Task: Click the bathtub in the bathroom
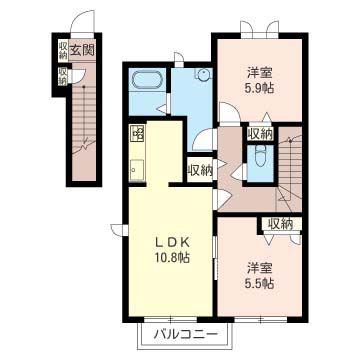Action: tap(147, 80)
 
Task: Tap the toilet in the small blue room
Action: tap(260, 156)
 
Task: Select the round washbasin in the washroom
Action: tap(203, 74)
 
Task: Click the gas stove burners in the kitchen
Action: tap(137, 132)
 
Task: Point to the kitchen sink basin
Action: tap(137, 170)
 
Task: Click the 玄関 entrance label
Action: tap(81, 50)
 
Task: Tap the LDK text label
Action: tap(173, 243)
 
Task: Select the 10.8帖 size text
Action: tap(173, 257)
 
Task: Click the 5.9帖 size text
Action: tap(261, 88)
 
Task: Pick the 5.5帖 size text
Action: tap(261, 283)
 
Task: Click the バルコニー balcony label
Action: tap(186, 334)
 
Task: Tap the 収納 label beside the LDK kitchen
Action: tap(200, 171)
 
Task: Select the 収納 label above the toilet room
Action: tap(260, 135)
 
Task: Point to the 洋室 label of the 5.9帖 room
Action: tap(260, 72)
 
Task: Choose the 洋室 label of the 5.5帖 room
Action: tap(260, 268)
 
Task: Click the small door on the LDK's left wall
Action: tap(117, 230)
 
